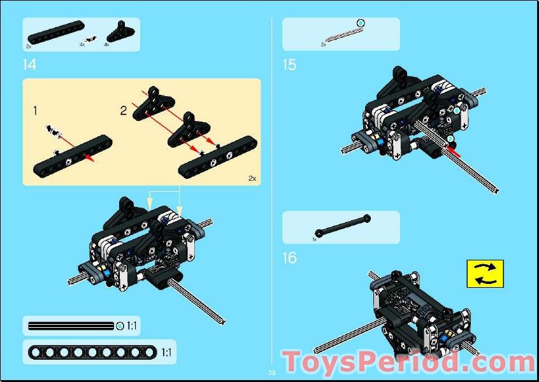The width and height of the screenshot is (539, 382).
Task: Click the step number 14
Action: pyautogui.click(x=29, y=64)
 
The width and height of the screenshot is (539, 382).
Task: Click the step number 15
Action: pyautogui.click(x=289, y=64)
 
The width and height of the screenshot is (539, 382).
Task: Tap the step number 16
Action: pyautogui.click(x=289, y=258)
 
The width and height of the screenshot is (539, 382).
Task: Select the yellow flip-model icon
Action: pyautogui.click(x=485, y=273)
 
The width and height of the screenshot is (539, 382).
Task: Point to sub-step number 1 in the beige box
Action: pyautogui.click(x=35, y=111)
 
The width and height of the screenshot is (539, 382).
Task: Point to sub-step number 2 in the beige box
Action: pyautogui.click(x=124, y=111)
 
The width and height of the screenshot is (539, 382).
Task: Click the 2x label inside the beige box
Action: pyautogui.click(x=252, y=178)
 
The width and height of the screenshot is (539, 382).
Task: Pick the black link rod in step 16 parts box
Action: pyautogui.click(x=341, y=227)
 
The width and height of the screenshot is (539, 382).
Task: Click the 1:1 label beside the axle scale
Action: pyautogui.click(x=131, y=327)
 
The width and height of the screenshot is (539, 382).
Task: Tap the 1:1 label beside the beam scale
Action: pyautogui.click(x=166, y=352)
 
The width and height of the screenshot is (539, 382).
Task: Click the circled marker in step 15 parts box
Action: pyautogui.click(x=360, y=24)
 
